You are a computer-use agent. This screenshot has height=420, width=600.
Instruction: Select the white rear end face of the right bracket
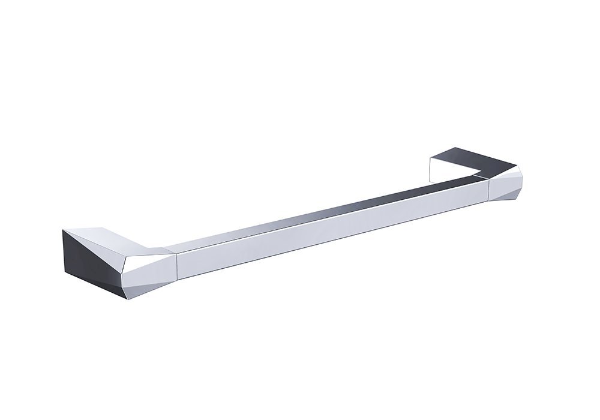[x=435, y=168]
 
